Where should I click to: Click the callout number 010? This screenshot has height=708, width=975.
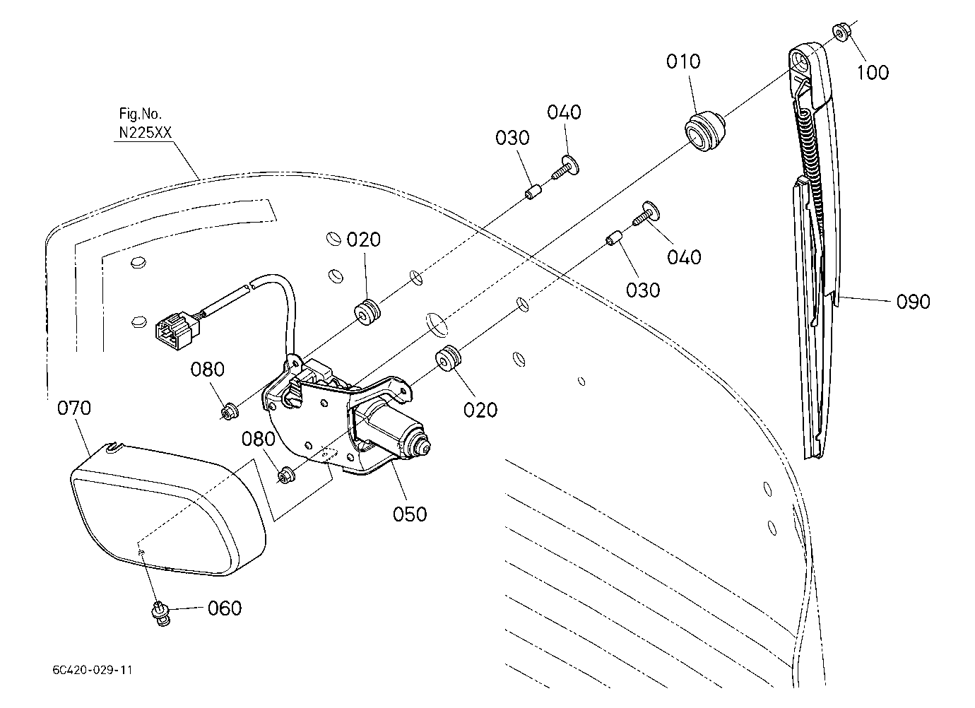click(x=683, y=62)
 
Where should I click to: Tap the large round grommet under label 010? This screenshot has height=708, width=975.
click(x=704, y=131)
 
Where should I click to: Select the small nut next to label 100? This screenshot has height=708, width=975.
click(x=841, y=33)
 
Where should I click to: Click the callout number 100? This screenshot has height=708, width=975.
click(x=873, y=72)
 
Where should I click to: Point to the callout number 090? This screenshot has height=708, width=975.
click(x=914, y=302)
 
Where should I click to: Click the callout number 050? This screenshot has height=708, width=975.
click(x=410, y=514)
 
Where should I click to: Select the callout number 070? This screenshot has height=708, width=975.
click(x=74, y=408)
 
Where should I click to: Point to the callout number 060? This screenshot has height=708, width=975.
click(x=225, y=608)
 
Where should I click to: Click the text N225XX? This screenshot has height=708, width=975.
click(x=146, y=132)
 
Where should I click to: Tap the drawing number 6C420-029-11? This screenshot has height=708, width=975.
click(x=93, y=670)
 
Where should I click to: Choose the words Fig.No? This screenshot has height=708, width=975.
click(x=140, y=114)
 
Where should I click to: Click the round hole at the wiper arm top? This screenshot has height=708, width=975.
click(x=800, y=59)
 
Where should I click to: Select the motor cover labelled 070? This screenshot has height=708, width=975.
click(x=167, y=509)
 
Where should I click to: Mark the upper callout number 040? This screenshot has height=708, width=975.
click(x=564, y=112)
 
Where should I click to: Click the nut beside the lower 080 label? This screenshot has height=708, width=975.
click(x=286, y=475)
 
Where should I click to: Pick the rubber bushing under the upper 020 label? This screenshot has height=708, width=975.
click(x=367, y=312)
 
